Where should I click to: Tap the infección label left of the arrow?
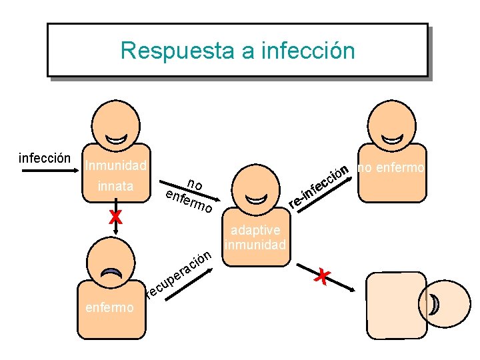point(45,159)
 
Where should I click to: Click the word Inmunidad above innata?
point(116,164)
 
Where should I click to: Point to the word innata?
point(115,186)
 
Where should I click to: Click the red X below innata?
point(116,216)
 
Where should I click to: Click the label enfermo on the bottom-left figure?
point(109,307)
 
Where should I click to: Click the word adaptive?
point(255,230)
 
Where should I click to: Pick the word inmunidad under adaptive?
point(255,244)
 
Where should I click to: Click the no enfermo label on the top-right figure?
point(391,168)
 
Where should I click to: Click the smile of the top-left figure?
point(116,139)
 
